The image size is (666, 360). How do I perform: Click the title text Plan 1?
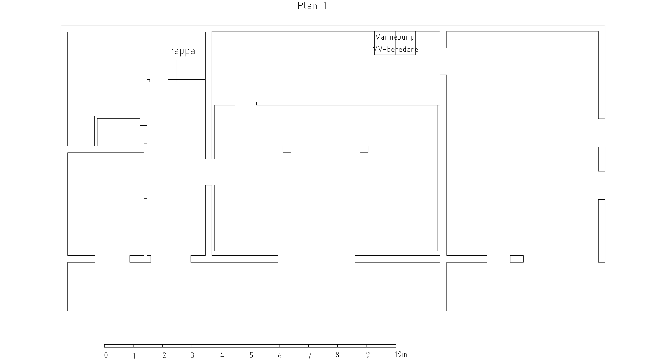coord(312,6)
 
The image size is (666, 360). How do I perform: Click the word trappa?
coord(180,51)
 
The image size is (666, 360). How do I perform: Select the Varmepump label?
coord(395,37)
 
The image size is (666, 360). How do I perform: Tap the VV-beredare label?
coord(395,49)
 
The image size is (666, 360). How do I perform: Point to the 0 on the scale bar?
coord(106,355)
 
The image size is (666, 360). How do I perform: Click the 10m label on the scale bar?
coord(401,355)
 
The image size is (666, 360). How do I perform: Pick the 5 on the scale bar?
coord(251,355)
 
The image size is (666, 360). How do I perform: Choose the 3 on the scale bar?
coord(192,355)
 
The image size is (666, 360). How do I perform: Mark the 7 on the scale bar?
coord(309,355)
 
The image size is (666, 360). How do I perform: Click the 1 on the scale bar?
coord(134,355)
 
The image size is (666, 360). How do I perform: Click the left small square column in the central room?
coord(287,149)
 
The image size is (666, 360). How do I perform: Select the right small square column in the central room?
coord(364,149)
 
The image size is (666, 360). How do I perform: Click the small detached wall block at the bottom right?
coord(517,259)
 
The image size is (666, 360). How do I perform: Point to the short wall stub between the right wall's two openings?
coord(602,159)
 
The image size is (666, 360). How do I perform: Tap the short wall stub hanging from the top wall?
coord(443,40)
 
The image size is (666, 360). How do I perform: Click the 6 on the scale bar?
coord(280,355)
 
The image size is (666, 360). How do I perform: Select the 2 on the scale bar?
coord(164,355)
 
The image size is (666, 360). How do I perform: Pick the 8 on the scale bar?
coord(337,355)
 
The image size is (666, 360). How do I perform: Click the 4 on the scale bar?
coord(222,355)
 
